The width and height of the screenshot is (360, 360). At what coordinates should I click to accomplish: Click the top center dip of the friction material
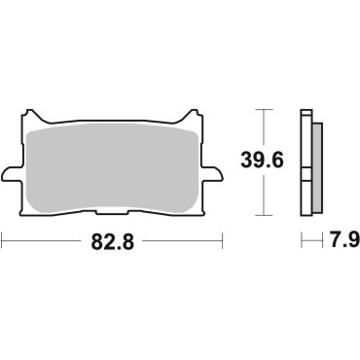[x=113, y=127]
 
